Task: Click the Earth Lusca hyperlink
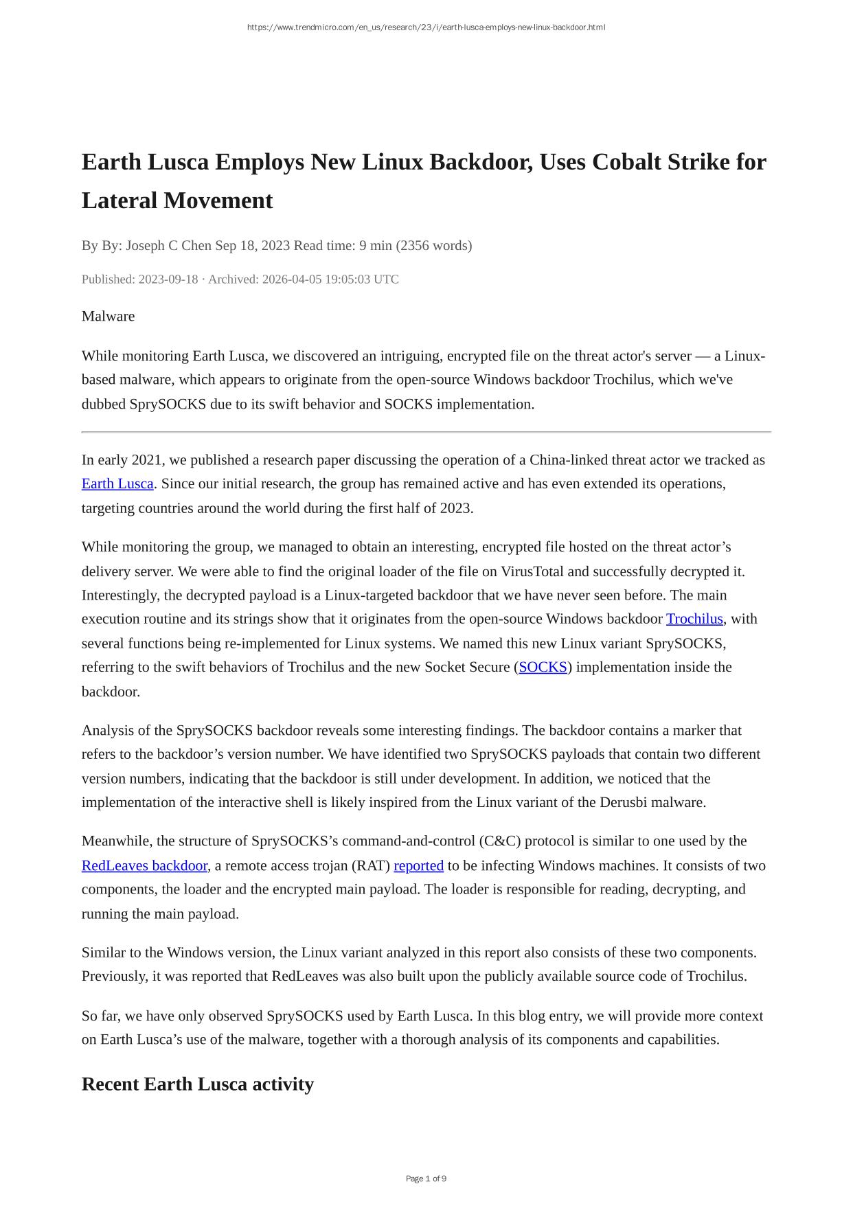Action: pyautogui.click(x=117, y=483)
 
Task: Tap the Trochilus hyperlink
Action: pyautogui.click(x=694, y=619)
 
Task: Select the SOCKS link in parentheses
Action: pyautogui.click(x=543, y=667)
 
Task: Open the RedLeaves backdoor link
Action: pyautogui.click(x=144, y=865)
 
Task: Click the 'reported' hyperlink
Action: pyautogui.click(x=418, y=865)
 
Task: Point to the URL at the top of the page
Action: pyautogui.click(x=426, y=27)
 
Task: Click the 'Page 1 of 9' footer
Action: pyautogui.click(x=426, y=1179)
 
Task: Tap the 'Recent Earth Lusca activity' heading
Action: pyautogui.click(x=198, y=1084)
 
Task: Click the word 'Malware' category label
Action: pyautogui.click(x=108, y=316)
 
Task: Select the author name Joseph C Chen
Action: pyautogui.click(x=168, y=245)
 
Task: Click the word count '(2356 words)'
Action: pyautogui.click(x=433, y=245)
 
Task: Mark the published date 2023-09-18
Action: pyautogui.click(x=168, y=279)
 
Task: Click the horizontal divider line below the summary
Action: pyautogui.click(x=426, y=432)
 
